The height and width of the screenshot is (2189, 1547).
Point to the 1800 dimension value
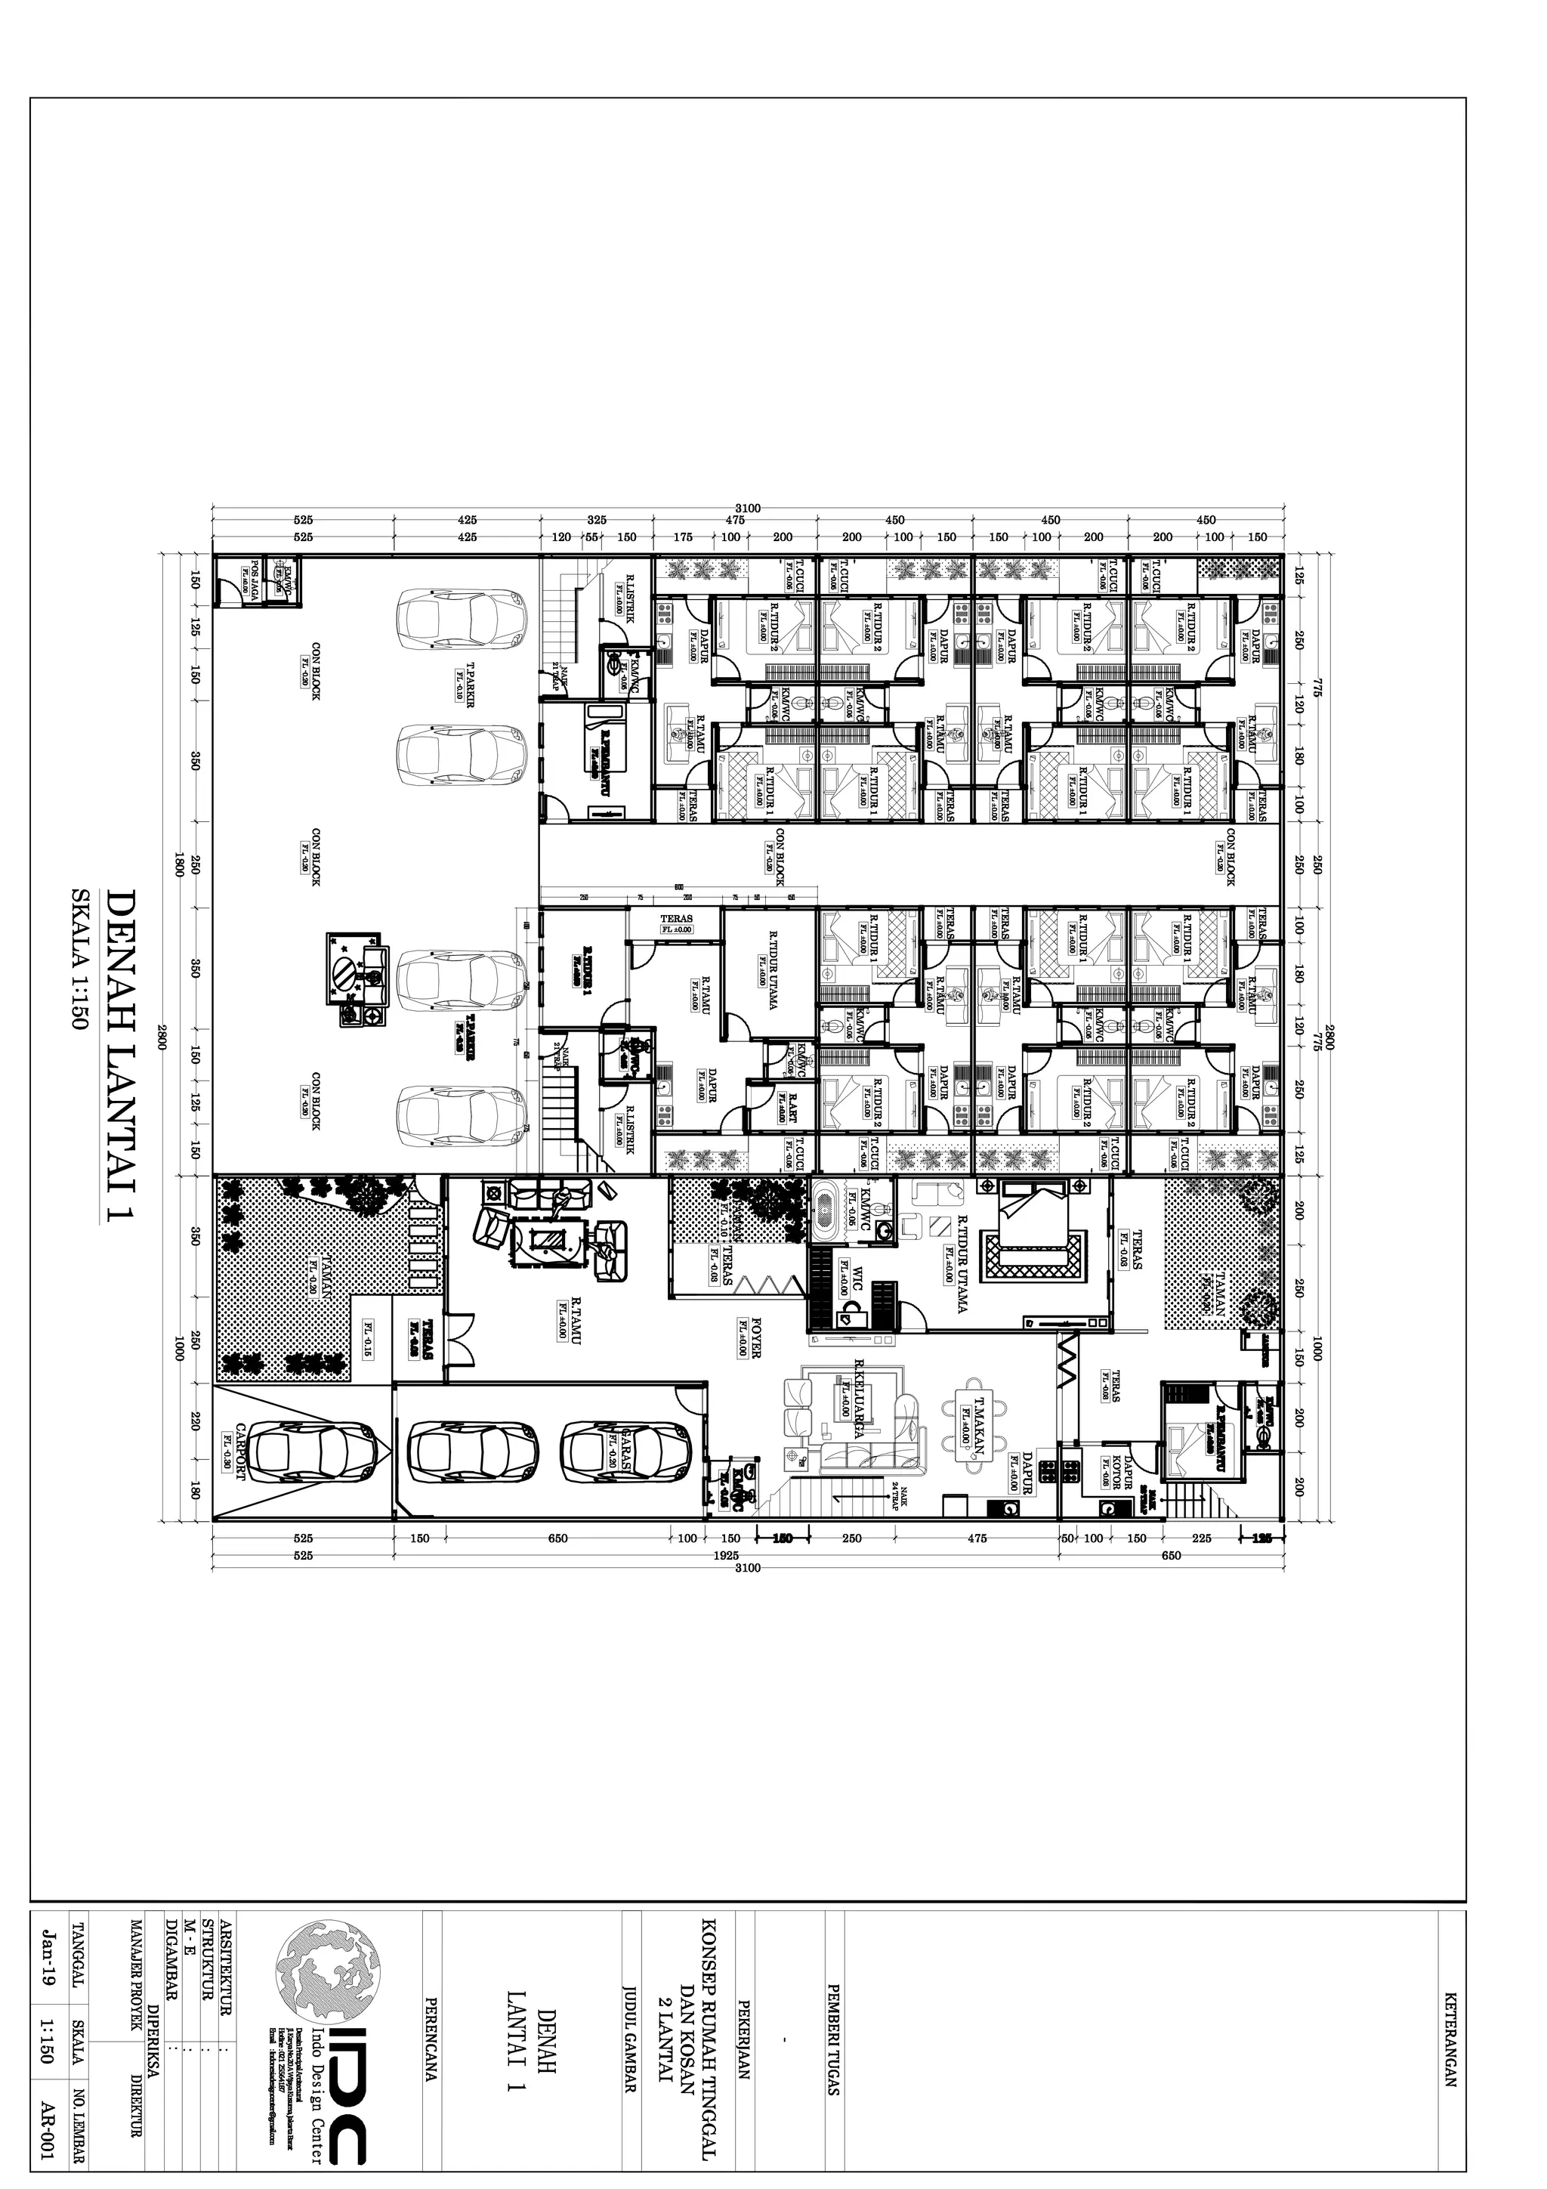tap(178, 866)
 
